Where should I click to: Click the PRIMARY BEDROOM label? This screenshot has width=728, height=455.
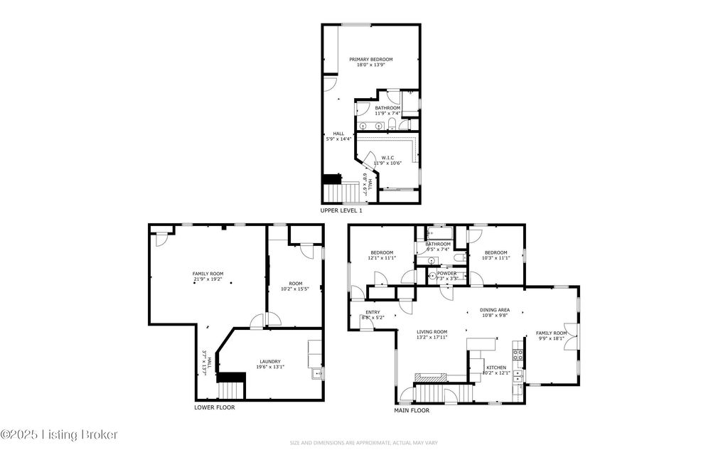(x=370, y=59)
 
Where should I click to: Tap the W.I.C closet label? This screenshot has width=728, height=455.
(x=387, y=158)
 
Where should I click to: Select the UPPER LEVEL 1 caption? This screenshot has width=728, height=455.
(x=341, y=211)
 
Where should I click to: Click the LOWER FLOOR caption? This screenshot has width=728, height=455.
(x=214, y=407)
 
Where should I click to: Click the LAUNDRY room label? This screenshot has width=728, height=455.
(x=269, y=360)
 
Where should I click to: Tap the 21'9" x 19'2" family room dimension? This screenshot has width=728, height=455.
(x=208, y=279)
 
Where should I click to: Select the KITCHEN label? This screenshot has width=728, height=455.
(x=496, y=366)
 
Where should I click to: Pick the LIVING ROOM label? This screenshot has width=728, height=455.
(x=432, y=331)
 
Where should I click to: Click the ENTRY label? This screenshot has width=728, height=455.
(x=373, y=311)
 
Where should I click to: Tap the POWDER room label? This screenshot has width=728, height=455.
(x=447, y=273)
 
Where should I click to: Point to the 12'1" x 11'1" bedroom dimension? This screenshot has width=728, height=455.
(x=381, y=258)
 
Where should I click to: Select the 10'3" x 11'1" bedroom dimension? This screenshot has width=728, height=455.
(x=496, y=258)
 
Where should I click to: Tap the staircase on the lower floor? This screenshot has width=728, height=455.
(x=231, y=389)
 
